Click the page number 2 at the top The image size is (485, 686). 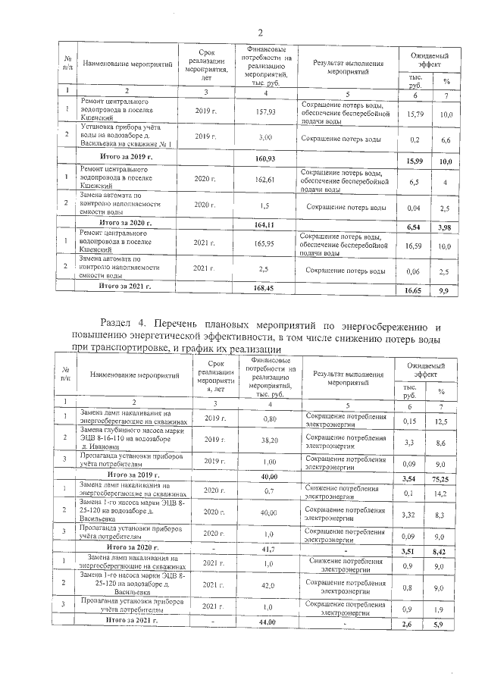[x=260, y=32]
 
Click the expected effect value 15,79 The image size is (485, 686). [x=415, y=114]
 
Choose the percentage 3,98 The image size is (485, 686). [x=447, y=227]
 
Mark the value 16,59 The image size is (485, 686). [x=417, y=246]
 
